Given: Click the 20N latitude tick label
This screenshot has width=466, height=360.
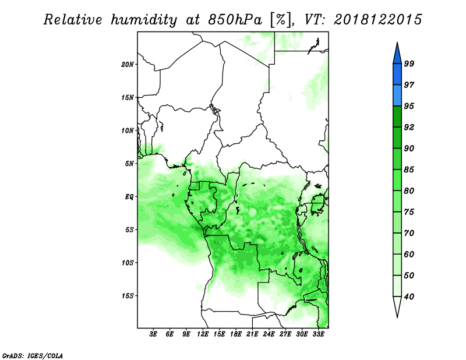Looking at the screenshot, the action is coord(128,65).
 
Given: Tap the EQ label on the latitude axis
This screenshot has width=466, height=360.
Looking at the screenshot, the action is coord(129,197).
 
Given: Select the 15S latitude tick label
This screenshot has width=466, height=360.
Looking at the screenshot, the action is coord(128,296).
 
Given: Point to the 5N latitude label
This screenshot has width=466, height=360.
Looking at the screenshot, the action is coord(129,164).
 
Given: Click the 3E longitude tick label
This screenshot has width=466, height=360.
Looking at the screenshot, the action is coord(153,334).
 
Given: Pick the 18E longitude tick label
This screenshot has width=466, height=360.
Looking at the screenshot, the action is coord(236,334).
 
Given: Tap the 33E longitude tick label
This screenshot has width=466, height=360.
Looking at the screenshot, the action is coord(318,334).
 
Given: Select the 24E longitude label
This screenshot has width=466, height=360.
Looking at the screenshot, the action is coord(269,334).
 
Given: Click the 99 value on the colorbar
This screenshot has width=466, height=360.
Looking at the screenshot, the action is coord(409,63).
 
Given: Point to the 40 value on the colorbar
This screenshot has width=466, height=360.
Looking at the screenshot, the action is coord(409,297).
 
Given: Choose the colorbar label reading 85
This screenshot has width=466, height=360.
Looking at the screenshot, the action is coord(409,170).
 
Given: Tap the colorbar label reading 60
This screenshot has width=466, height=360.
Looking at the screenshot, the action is coord(409,254).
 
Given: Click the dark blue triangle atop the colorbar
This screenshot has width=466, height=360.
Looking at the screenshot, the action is coord(397,54).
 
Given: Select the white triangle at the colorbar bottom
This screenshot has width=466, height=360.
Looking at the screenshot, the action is coord(397,306).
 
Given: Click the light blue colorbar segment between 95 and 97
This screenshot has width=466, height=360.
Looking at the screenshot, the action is coord(397,96).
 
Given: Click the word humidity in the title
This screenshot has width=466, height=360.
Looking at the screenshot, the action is coord(144,20).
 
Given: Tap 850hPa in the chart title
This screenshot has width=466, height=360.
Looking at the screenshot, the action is coord(235,20).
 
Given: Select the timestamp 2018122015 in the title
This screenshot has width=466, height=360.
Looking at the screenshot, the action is coord(377,20).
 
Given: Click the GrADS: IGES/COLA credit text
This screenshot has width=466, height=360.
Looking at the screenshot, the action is coord(33,355).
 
